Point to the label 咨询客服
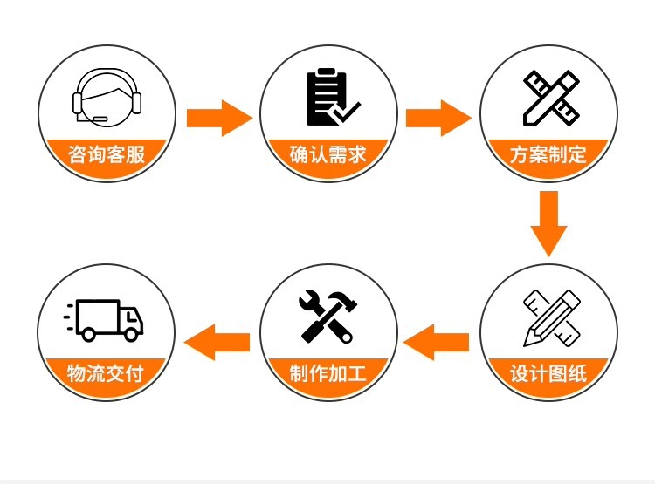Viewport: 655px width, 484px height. click(x=107, y=156)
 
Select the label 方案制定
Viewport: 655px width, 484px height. click(x=548, y=156)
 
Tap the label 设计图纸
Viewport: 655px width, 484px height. click(x=548, y=376)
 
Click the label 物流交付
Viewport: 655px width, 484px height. click(x=106, y=376)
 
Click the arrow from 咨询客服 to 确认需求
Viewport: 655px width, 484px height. click(x=217, y=118)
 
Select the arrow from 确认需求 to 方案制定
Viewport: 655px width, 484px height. click(x=438, y=118)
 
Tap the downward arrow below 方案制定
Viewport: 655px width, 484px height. click(x=548, y=223)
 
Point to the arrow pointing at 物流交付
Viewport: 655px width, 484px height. click(x=219, y=340)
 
